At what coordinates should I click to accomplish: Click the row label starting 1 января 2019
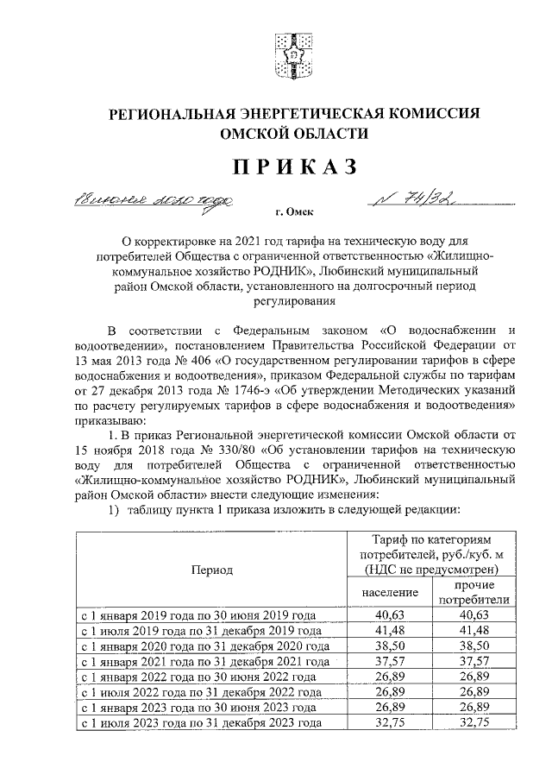coord(198,615)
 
